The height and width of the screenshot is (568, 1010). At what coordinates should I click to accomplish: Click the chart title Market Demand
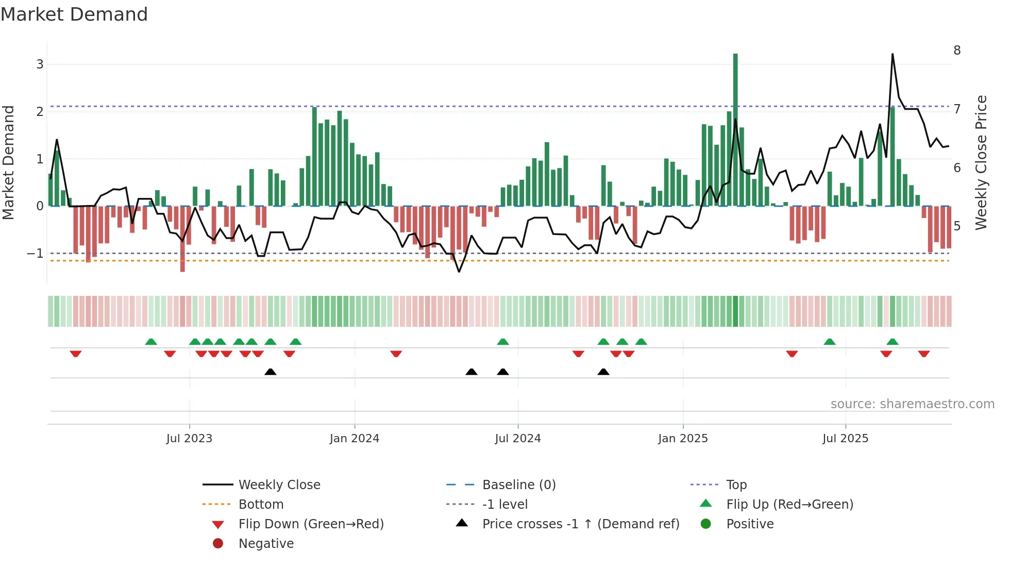[74, 14]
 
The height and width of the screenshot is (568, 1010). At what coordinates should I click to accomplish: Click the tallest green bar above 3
[735, 129]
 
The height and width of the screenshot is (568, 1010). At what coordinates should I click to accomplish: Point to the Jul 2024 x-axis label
[517, 439]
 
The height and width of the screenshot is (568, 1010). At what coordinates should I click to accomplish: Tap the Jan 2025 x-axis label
[683, 439]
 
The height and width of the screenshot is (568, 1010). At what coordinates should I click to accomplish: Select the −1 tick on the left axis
[35, 254]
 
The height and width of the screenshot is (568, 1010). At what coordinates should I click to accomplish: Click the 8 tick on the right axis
[957, 51]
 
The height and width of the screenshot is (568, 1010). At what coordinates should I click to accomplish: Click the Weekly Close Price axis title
[981, 162]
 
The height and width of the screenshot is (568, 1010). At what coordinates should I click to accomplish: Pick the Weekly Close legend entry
[279, 485]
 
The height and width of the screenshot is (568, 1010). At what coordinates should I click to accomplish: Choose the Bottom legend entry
[261, 505]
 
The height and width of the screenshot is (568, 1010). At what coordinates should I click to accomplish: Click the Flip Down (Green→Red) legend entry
[311, 524]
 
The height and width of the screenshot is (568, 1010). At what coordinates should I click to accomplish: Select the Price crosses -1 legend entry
[580, 524]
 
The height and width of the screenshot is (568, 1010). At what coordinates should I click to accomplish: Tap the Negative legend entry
[266, 544]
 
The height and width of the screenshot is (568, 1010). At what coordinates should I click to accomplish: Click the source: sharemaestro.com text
[912, 404]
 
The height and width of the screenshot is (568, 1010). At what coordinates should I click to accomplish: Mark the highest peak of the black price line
[893, 54]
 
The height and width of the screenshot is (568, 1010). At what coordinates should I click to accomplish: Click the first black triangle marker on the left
[270, 372]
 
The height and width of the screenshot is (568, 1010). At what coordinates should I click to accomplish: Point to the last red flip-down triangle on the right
[923, 354]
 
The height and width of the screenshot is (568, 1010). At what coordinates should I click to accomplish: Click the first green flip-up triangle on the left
[151, 342]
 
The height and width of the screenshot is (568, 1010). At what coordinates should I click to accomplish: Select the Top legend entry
[736, 485]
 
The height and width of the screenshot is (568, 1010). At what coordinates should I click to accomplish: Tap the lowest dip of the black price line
[459, 271]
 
